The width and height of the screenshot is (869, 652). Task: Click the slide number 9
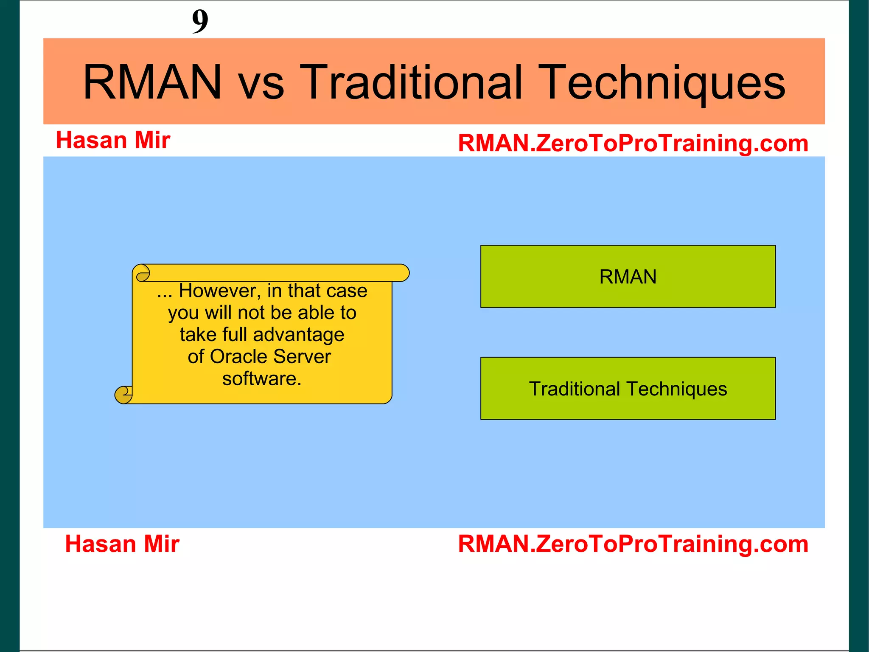(x=200, y=21)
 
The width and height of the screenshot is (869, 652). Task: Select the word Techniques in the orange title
(x=664, y=83)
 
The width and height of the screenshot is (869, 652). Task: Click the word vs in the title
(x=261, y=85)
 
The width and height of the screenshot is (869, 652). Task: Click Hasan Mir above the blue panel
(x=113, y=140)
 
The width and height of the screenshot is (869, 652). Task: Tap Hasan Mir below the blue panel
(x=122, y=544)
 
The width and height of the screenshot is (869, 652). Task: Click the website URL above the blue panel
(x=633, y=143)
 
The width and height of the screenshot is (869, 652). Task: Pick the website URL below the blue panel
(x=633, y=544)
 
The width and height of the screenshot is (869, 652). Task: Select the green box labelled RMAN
(x=628, y=277)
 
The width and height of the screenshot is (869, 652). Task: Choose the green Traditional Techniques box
(x=628, y=389)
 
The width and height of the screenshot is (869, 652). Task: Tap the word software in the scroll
(x=262, y=378)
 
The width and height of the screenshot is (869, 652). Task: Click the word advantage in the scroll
(x=298, y=335)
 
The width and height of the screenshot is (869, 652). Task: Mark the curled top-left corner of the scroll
(x=143, y=273)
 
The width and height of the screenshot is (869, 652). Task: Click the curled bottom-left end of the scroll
(x=123, y=395)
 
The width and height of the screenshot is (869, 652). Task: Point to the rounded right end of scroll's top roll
(x=403, y=273)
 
